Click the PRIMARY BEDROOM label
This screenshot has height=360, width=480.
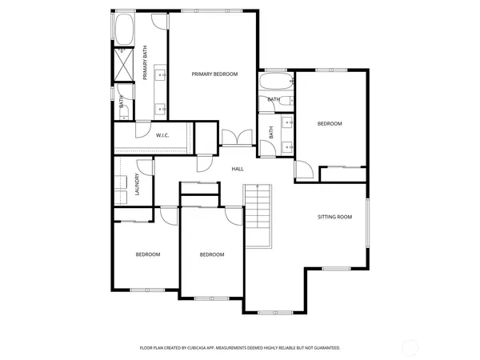tap(214, 74)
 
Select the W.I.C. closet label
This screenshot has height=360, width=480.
tap(162, 135)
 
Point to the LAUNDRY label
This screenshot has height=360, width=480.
tap(138, 185)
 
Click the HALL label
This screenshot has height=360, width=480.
tap(238, 169)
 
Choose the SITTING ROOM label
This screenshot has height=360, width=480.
tap(334, 217)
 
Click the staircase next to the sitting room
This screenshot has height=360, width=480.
tap(258, 216)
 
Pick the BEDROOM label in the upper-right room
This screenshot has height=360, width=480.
tap(330, 123)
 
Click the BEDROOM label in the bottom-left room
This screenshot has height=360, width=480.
tap(147, 254)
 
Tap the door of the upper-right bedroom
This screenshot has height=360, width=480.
tap(303, 170)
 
